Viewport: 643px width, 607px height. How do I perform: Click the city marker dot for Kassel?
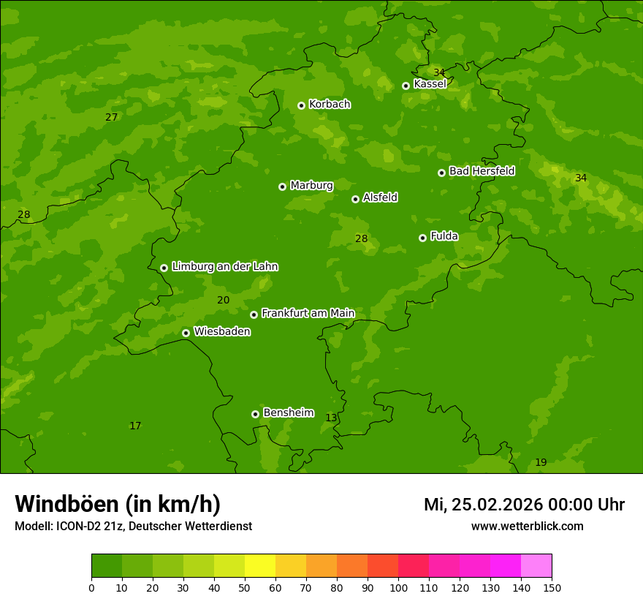[x=406, y=86]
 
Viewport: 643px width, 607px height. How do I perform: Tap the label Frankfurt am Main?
[x=308, y=313]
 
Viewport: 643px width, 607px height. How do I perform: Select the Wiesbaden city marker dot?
[x=186, y=333]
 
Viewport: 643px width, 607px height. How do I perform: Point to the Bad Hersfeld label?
[x=482, y=171]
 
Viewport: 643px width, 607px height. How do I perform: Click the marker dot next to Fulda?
[x=422, y=238]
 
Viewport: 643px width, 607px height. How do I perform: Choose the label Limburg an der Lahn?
[x=224, y=266]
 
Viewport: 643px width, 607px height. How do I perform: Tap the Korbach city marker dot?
[x=301, y=105]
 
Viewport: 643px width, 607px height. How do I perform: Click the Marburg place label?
[x=311, y=185]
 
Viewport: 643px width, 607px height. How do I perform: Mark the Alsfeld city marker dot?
[x=355, y=199]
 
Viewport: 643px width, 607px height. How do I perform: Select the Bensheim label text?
[x=288, y=412]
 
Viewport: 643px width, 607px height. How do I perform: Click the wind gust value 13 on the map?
[x=331, y=418]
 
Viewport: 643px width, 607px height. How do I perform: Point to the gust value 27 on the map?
[x=111, y=117]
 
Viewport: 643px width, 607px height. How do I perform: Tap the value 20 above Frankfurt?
[x=223, y=300]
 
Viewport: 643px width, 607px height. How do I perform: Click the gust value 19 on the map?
[x=541, y=462]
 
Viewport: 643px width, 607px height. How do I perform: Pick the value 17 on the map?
[x=135, y=426]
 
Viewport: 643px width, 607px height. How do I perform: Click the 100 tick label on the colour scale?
[x=398, y=587]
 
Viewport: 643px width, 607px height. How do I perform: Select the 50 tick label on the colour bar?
[x=245, y=587]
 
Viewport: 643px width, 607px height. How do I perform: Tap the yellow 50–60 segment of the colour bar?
[x=260, y=566]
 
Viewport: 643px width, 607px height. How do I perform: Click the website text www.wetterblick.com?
[x=527, y=526]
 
